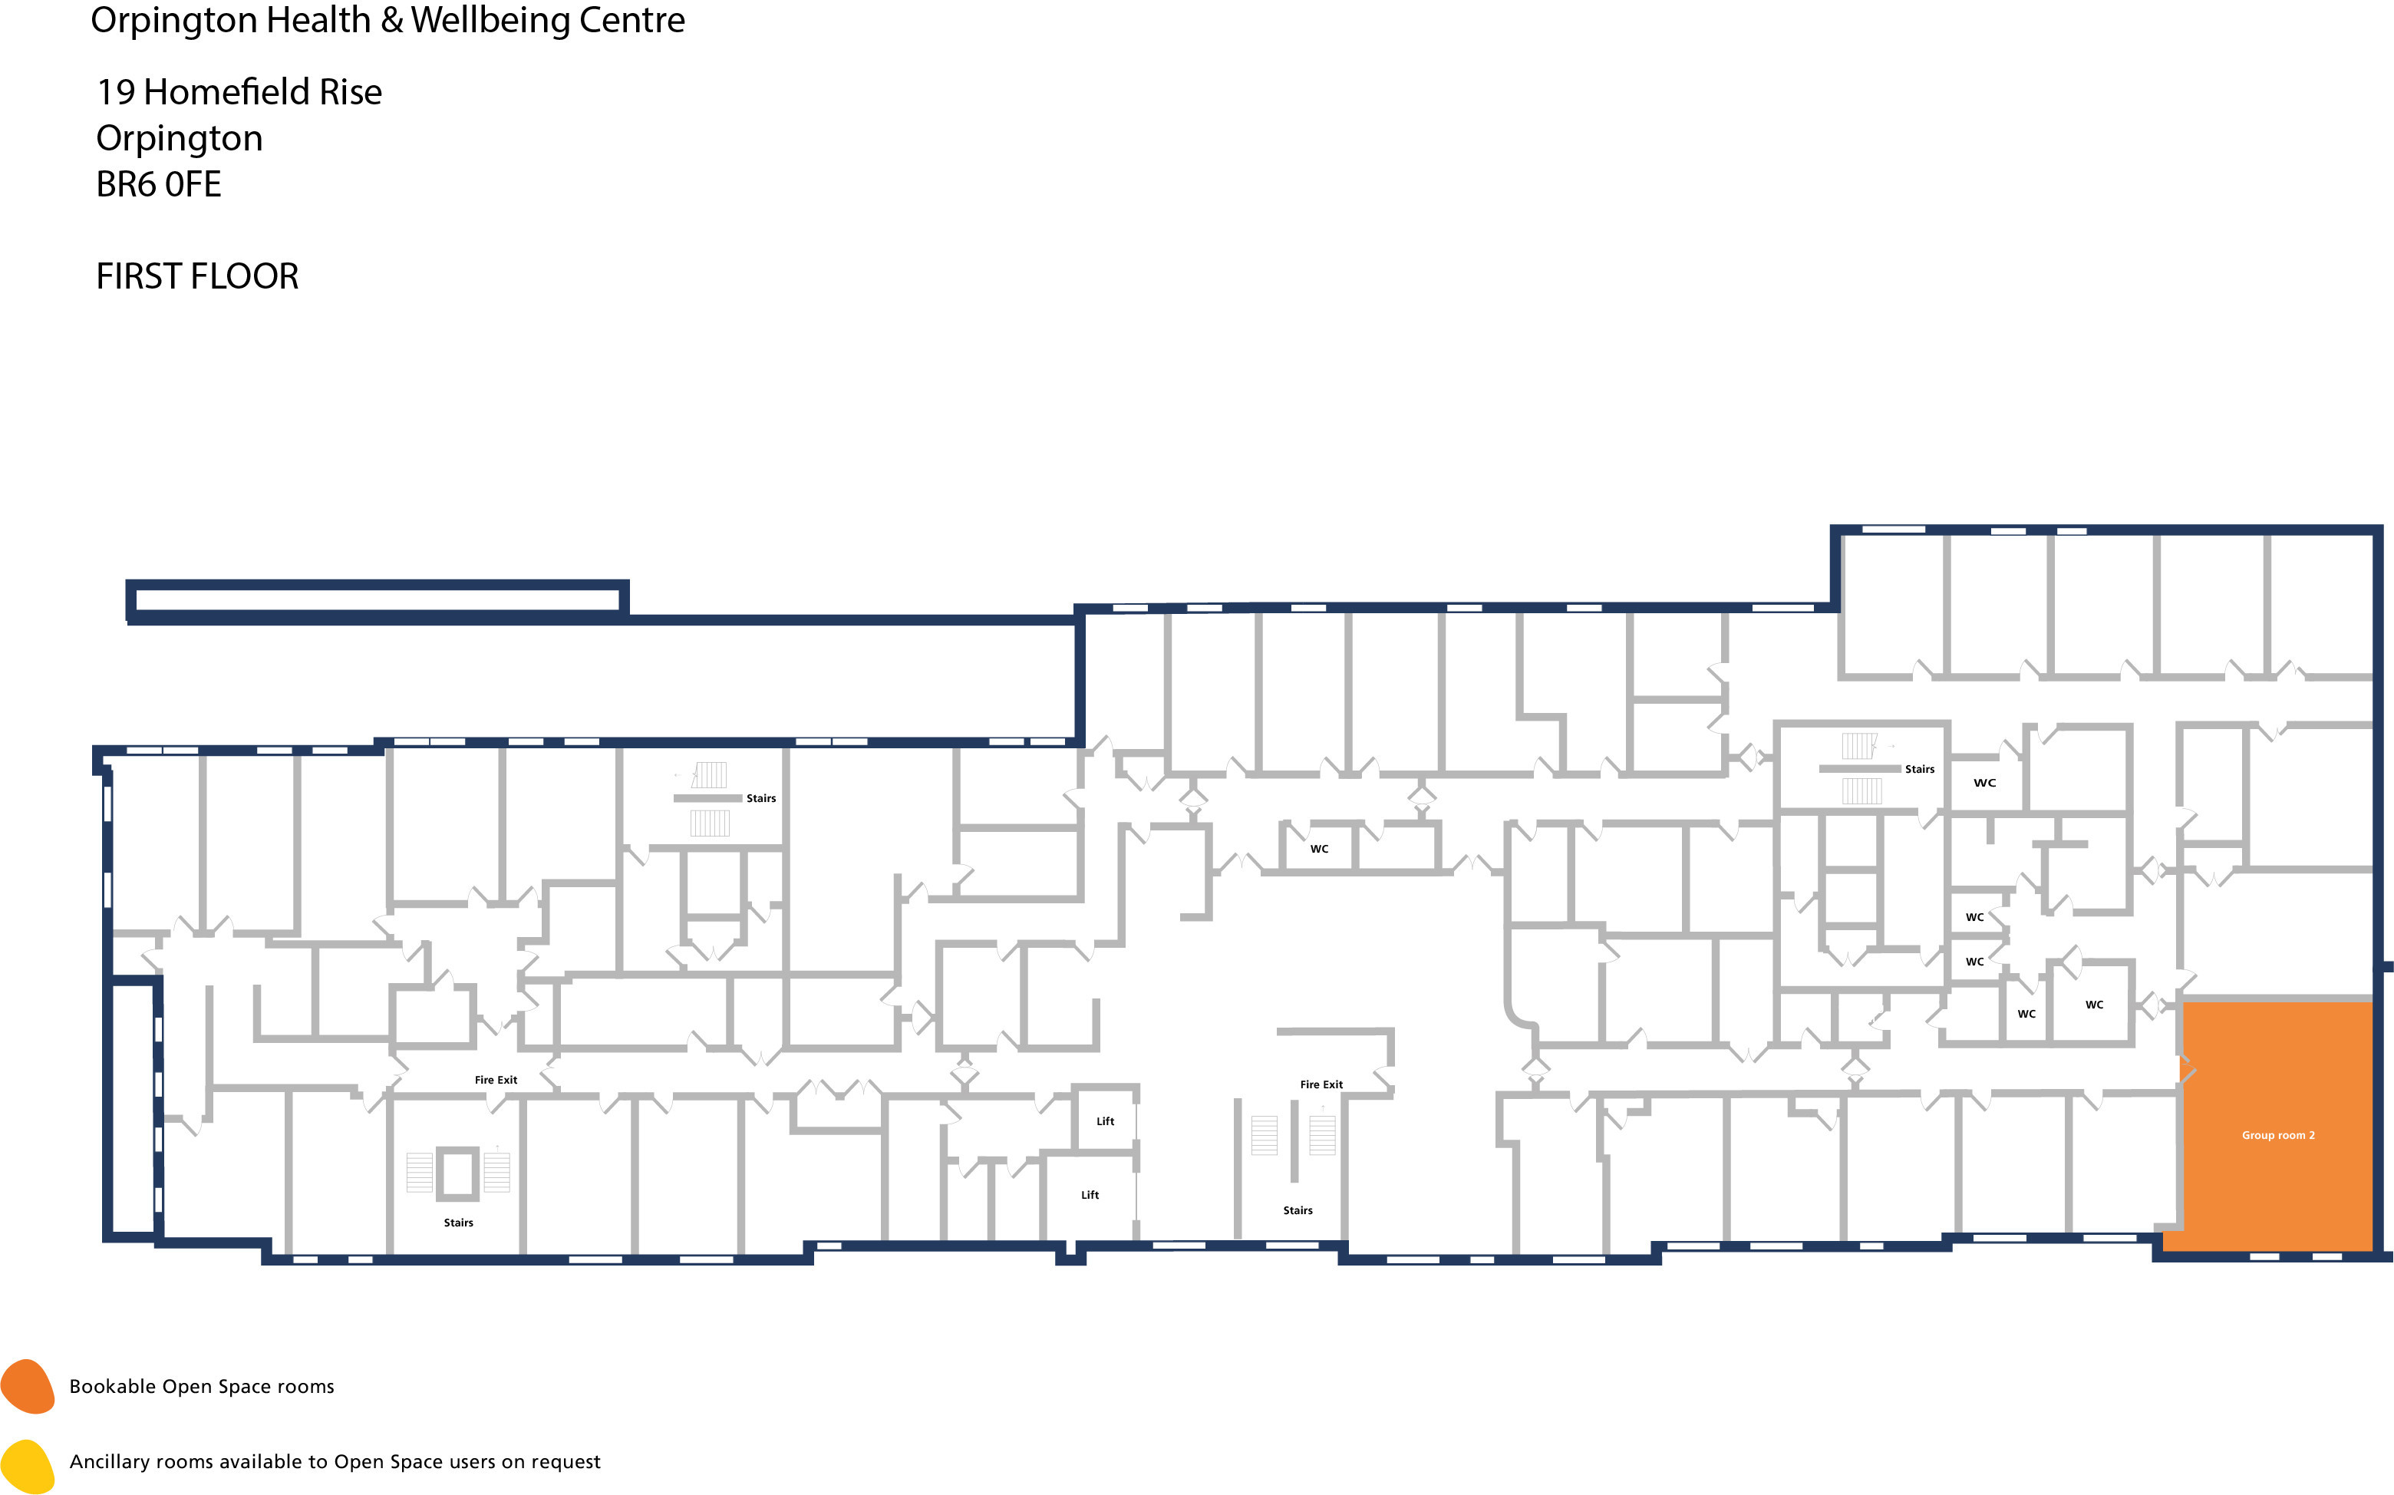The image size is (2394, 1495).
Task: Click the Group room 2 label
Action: tap(2277, 1135)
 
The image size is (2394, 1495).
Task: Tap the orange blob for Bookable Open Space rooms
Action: tap(28, 1386)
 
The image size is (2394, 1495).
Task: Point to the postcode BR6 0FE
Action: tap(158, 184)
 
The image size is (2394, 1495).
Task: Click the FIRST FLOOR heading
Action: tap(196, 276)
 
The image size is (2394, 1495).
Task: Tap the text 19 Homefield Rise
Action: tap(238, 92)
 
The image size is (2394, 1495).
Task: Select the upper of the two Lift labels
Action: tap(1105, 1121)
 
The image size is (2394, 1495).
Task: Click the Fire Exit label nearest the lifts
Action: tap(1321, 1084)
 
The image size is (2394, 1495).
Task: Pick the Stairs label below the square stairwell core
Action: tap(457, 1223)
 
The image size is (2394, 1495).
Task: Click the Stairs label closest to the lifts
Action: tap(1297, 1210)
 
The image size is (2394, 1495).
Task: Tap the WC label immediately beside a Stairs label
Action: tap(1983, 783)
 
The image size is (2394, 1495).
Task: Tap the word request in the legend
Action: tap(565, 1462)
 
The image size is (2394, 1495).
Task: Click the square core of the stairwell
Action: tap(457, 1173)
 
